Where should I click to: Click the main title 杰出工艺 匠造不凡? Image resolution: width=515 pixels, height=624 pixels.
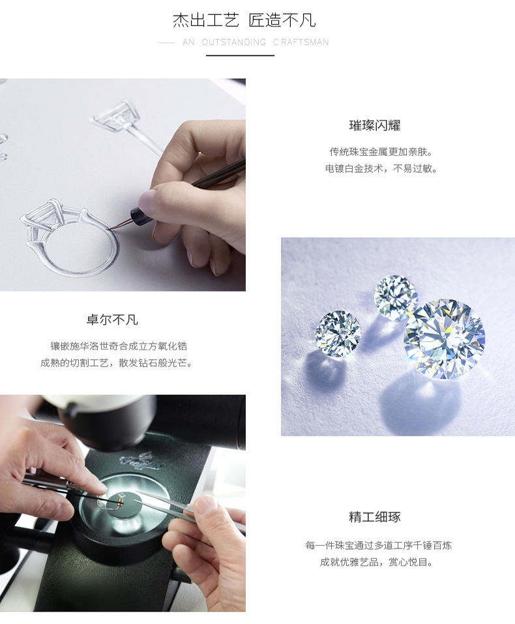pos(244,20)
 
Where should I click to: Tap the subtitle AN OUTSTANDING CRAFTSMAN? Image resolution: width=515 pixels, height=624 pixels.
pos(256,42)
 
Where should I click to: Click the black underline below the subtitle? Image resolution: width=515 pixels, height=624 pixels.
pos(240,56)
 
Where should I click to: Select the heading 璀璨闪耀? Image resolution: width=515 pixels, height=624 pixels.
pos(375,126)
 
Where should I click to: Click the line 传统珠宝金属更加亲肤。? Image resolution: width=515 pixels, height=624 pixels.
pos(381,152)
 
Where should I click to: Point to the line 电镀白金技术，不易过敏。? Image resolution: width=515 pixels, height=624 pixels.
pos(381,168)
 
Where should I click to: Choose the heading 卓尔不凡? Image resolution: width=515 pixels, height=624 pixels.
pos(112,320)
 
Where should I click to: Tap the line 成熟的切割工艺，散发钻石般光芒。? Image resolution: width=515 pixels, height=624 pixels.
pos(117,363)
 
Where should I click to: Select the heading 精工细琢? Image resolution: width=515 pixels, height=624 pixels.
pos(375,518)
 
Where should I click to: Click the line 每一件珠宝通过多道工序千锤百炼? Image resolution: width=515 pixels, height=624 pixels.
pos(378,545)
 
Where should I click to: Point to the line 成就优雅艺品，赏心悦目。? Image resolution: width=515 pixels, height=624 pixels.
pos(377,561)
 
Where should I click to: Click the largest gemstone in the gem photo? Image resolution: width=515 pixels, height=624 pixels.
pos(444,338)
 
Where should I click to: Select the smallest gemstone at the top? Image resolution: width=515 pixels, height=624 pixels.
pos(396,297)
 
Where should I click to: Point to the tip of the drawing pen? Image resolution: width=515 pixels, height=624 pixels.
pos(110,228)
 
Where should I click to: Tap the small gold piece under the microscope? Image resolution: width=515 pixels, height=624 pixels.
pos(121,500)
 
